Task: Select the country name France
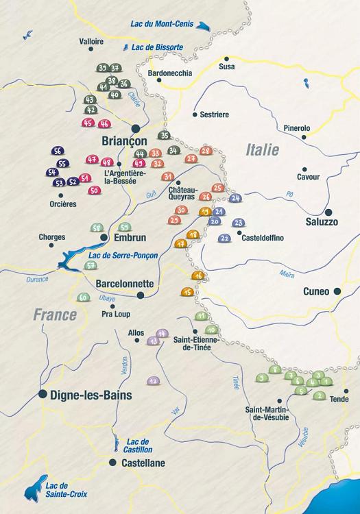click(55, 315)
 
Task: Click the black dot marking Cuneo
click(337, 291)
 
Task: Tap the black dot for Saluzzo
click(329, 212)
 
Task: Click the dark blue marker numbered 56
click(58, 151)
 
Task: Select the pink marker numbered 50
click(94, 191)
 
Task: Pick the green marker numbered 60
click(83, 298)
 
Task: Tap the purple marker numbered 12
click(153, 380)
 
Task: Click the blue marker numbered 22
click(225, 238)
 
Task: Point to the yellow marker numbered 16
click(198, 276)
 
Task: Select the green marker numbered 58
click(97, 228)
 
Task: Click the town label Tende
click(339, 399)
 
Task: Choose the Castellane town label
click(143, 463)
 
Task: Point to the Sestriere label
click(215, 114)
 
